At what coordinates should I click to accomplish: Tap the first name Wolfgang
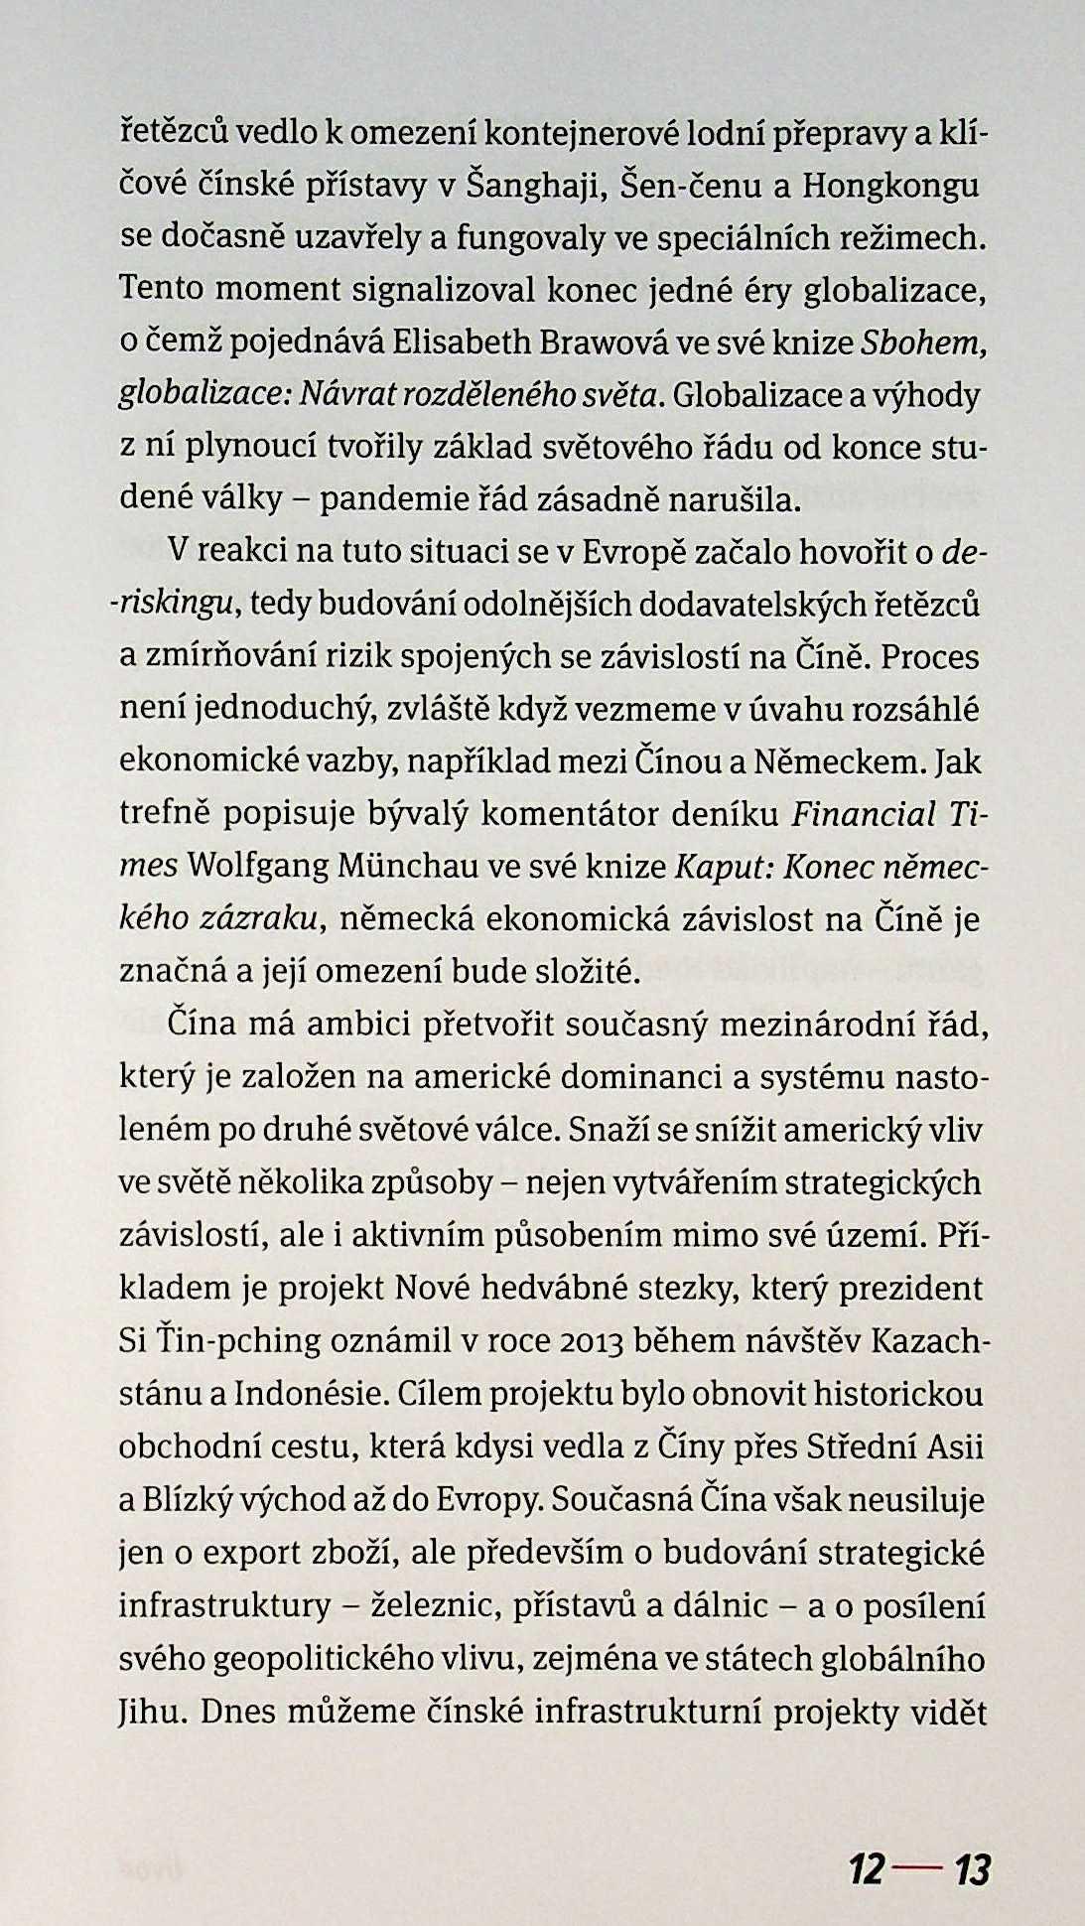tap(253, 867)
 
